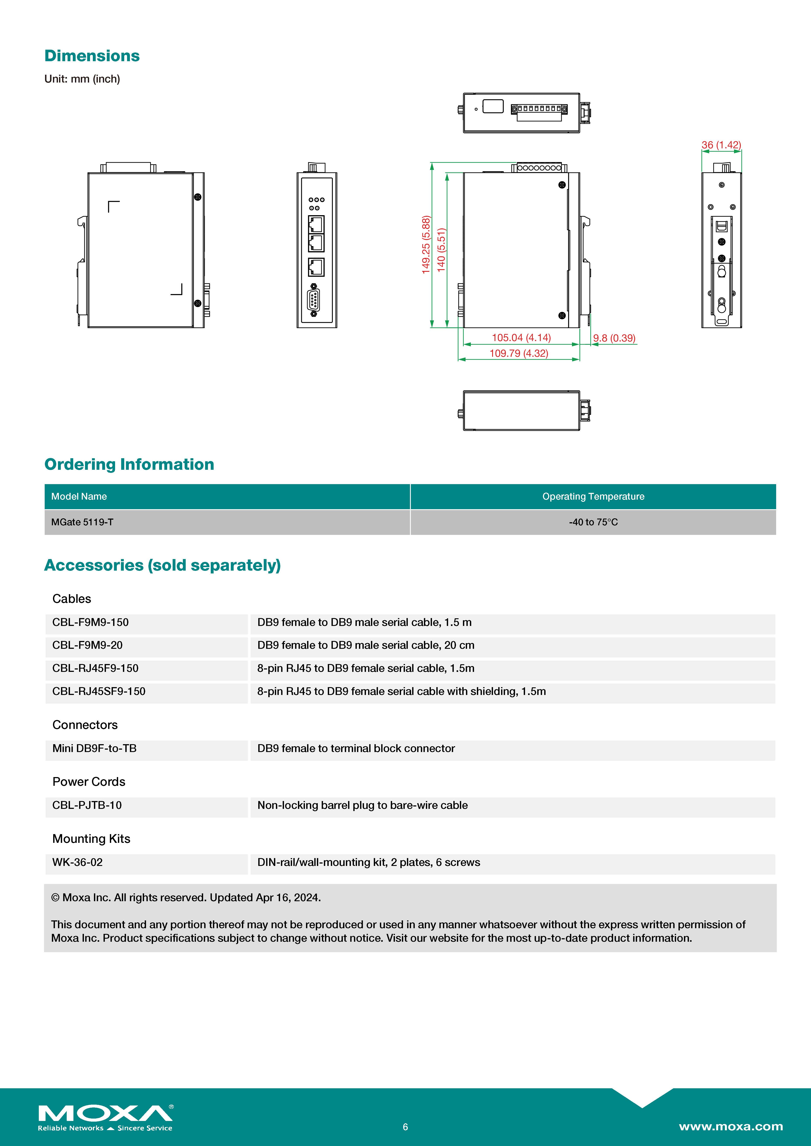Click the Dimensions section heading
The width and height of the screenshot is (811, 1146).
coord(92,56)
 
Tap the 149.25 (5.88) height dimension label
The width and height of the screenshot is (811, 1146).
coord(425,245)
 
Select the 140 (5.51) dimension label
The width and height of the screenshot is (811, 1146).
coord(441,250)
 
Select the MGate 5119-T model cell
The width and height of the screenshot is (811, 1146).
coord(82,522)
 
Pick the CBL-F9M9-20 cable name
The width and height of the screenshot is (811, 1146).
coord(87,645)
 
